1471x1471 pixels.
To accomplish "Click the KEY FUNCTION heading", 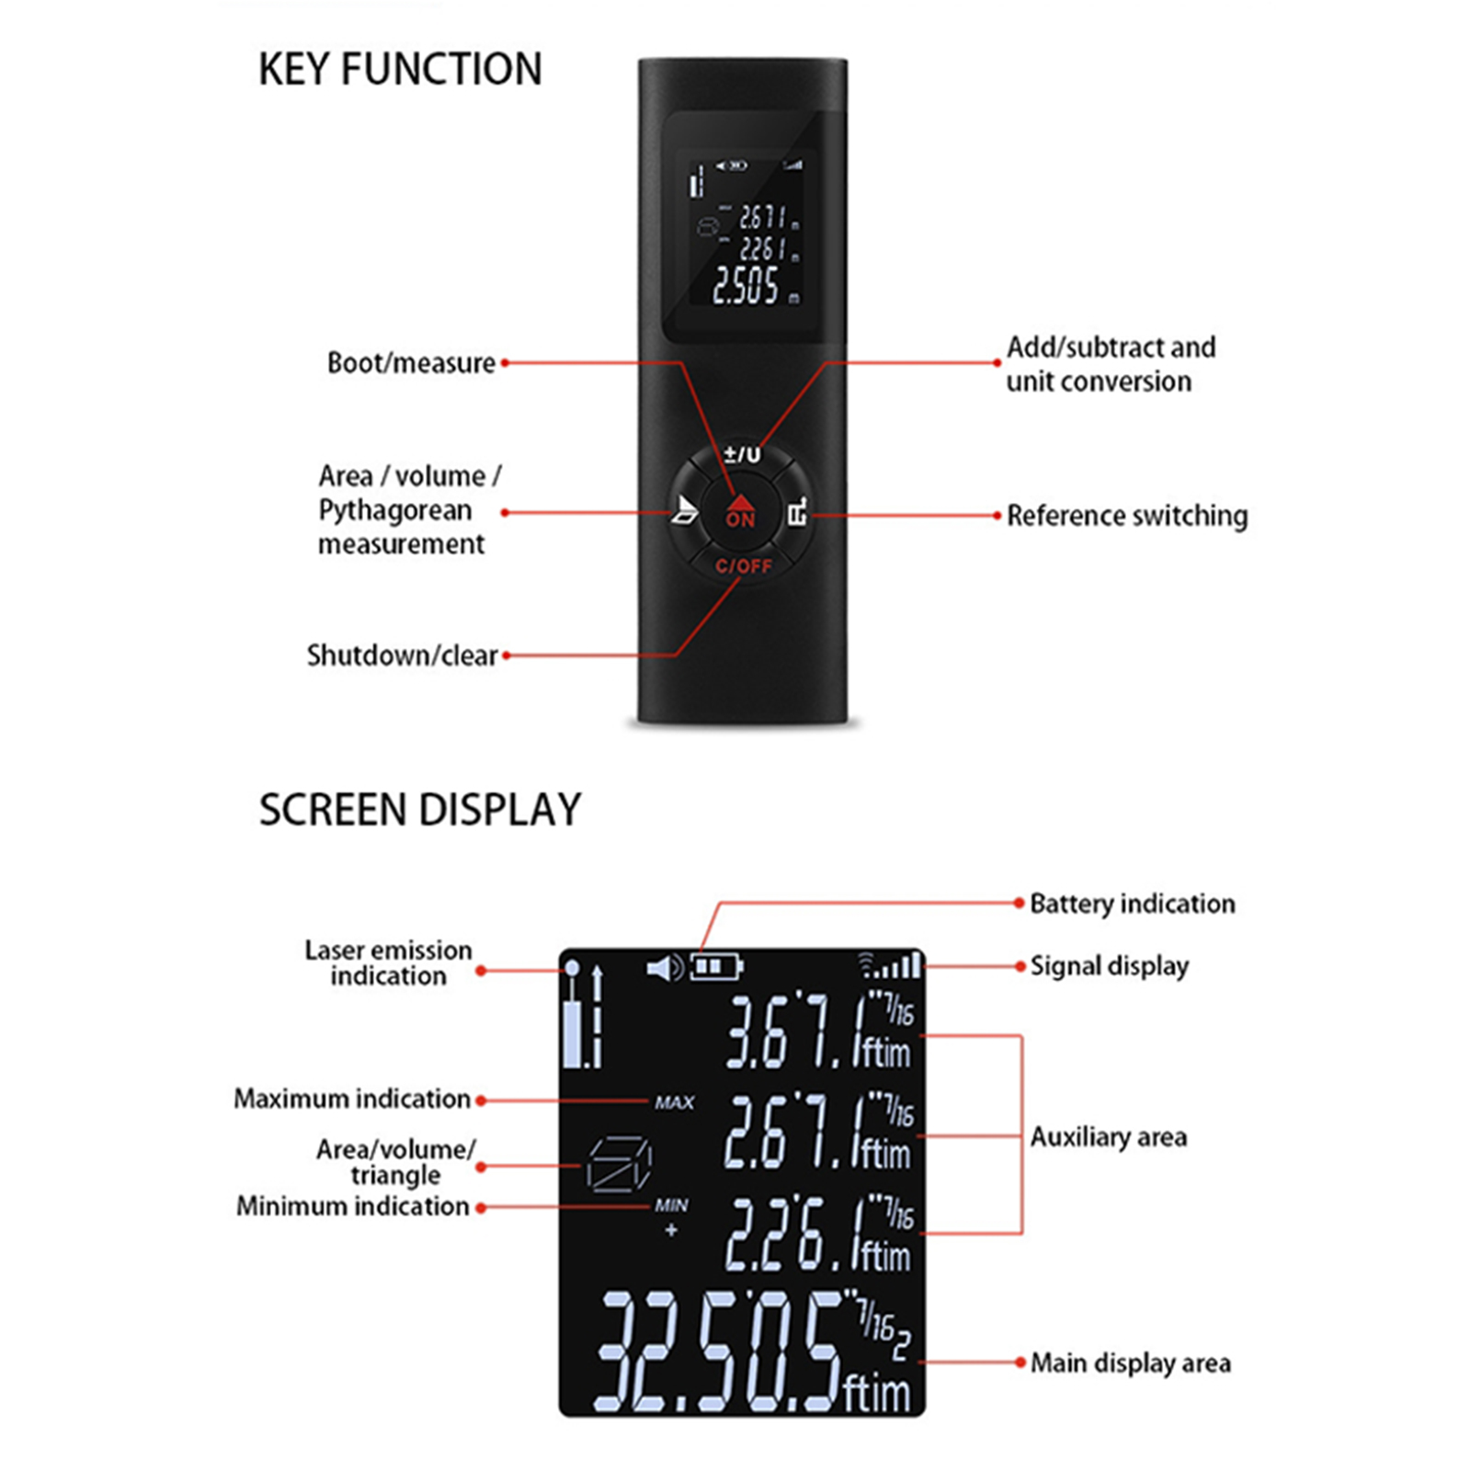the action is (x=400, y=69).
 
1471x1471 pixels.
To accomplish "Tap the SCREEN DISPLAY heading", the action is (x=420, y=810).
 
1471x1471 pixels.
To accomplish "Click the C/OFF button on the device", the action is (x=744, y=565).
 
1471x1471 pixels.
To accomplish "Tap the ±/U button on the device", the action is (x=742, y=453).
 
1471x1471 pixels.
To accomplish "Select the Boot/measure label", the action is (x=411, y=363).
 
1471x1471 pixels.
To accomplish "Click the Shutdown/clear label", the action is (x=402, y=656).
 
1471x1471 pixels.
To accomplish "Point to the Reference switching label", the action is (x=1127, y=516).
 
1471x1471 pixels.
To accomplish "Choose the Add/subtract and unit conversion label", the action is (x=1111, y=364).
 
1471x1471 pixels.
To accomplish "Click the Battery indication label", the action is (x=1132, y=904).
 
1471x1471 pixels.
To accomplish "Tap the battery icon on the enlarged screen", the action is (x=716, y=966).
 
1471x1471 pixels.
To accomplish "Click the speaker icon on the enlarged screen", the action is (x=665, y=967).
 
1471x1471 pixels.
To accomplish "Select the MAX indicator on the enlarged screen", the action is (x=675, y=1101).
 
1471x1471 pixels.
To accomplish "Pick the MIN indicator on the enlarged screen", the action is (x=671, y=1204).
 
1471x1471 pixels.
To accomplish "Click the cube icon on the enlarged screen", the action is (x=619, y=1165).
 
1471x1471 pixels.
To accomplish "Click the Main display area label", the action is (x=1130, y=1363).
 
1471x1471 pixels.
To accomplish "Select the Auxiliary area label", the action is (x=1108, y=1137).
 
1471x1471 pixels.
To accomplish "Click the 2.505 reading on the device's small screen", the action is (x=746, y=285).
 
